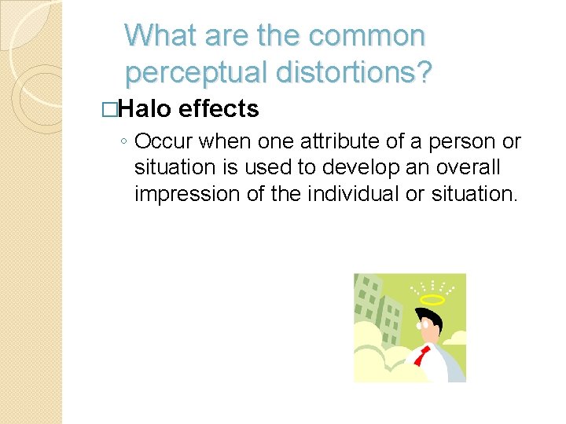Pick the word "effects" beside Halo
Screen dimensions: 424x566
(219, 109)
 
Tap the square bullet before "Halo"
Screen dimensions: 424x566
(117, 110)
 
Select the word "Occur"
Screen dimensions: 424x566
(164, 142)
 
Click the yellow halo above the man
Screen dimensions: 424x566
(432, 299)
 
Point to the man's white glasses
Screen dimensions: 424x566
(425, 323)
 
